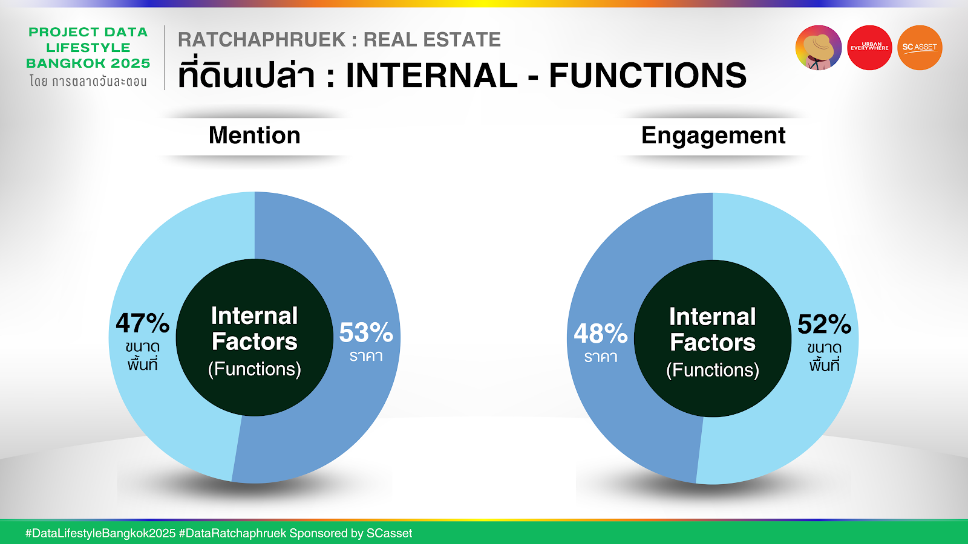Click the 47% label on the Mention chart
click(143, 323)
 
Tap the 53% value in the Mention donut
click(366, 332)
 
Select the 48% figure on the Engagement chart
click(601, 334)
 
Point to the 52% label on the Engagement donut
click(824, 324)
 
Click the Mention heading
click(255, 135)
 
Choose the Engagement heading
click(713, 136)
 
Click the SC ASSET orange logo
click(920, 48)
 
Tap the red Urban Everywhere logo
click(869, 48)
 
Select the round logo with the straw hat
click(819, 48)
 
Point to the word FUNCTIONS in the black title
click(648, 76)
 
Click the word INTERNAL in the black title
click(431, 76)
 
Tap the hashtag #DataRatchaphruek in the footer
click(232, 533)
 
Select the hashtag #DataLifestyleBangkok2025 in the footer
click(100, 533)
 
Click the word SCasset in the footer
click(390, 533)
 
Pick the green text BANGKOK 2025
click(88, 63)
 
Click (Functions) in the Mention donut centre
click(255, 369)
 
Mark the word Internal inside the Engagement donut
click(713, 317)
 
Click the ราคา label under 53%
click(366, 356)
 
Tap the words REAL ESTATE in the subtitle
click(432, 40)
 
